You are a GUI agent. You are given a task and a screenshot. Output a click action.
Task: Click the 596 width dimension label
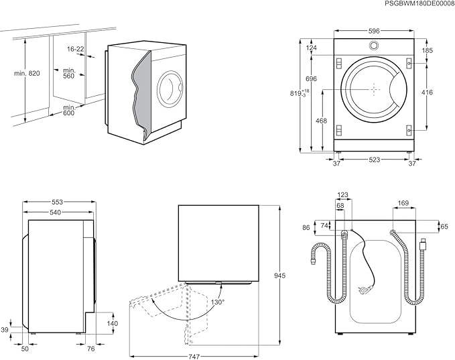374,31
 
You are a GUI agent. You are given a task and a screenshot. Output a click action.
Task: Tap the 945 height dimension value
279,276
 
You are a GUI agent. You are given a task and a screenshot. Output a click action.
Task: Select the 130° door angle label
218,302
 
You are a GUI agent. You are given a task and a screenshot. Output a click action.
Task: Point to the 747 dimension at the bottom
194,356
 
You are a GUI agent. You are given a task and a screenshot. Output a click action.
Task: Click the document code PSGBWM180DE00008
419,3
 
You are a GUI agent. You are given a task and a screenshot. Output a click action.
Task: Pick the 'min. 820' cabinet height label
27,74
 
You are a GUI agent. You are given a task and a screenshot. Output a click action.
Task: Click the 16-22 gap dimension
76,49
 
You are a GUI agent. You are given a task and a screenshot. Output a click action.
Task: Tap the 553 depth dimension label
57,202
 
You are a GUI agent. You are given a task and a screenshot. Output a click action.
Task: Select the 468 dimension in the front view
321,121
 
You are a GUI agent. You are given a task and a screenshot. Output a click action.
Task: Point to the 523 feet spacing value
375,160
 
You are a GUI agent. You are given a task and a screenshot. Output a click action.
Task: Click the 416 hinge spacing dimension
427,93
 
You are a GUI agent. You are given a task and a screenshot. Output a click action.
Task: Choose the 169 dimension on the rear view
403,203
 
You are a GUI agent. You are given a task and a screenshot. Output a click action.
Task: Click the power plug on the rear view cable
364,289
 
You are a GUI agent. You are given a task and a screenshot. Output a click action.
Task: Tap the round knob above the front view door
374,46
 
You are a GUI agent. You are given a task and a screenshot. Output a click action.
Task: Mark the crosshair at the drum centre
374,89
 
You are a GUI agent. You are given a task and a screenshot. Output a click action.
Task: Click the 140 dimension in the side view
113,323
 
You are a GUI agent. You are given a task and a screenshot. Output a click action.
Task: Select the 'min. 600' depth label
69,111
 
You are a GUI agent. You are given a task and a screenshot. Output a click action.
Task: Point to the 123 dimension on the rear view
342,195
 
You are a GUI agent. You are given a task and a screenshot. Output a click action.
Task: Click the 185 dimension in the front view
427,50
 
